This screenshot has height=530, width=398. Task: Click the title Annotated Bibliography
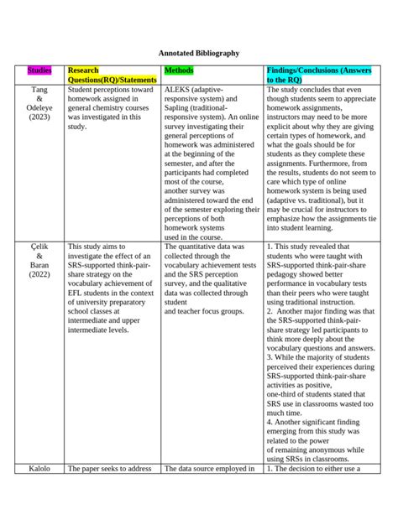click(199, 53)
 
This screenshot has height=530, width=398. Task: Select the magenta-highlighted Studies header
click(39, 70)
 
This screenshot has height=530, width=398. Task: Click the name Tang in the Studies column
click(39, 89)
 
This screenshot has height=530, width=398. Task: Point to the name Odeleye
click(39, 107)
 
